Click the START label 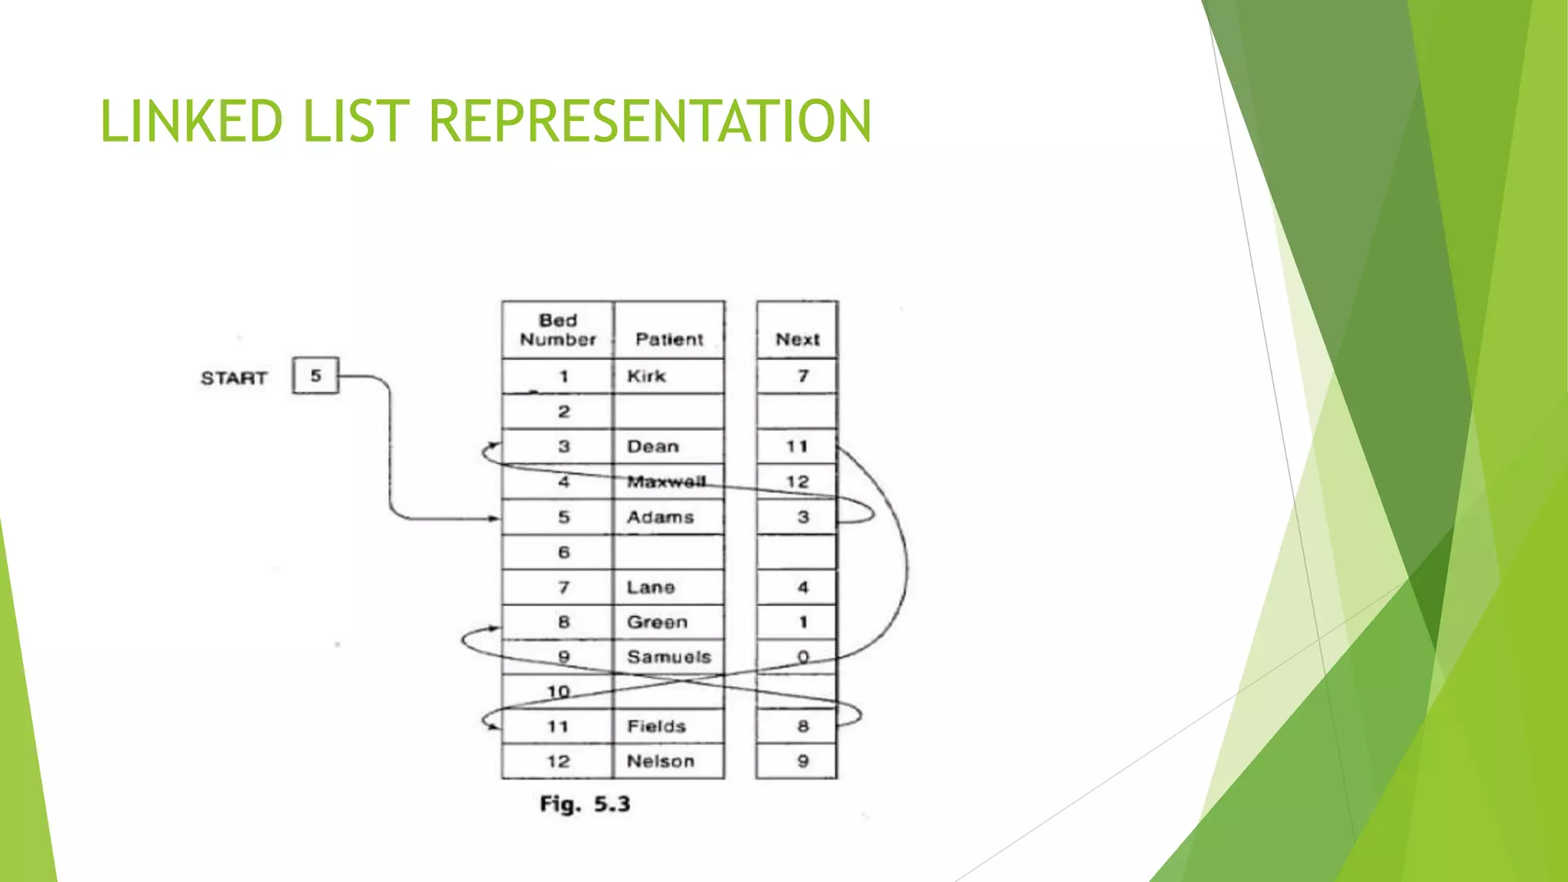point(234,378)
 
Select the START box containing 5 point(315,376)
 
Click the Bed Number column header point(557,330)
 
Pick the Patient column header point(669,339)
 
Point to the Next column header point(797,339)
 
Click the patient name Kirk point(646,376)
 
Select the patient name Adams point(660,518)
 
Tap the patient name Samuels point(668,657)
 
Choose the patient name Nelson point(660,761)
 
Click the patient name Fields point(656,727)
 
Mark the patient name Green point(657,622)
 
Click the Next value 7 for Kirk point(802,376)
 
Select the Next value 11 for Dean point(797,446)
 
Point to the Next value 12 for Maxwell point(797,482)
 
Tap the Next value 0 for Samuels point(802,657)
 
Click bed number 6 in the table point(563,552)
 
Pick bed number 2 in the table point(563,412)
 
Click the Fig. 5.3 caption point(585,804)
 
